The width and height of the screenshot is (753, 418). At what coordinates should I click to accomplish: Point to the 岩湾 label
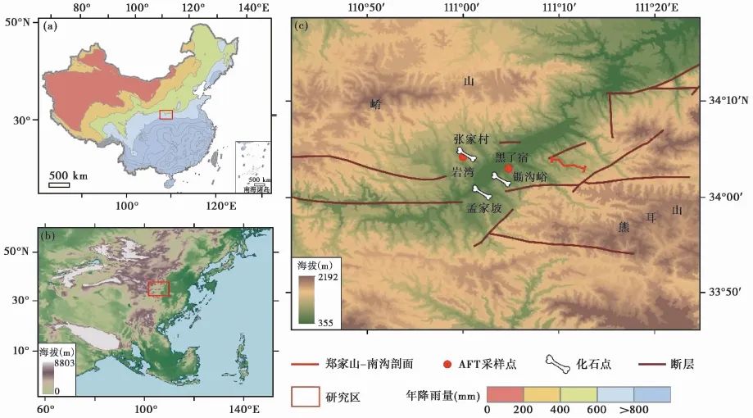[463, 172]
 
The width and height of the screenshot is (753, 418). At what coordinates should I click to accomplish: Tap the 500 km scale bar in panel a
[59, 184]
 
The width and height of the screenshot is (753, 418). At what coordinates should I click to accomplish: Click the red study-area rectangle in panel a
[166, 115]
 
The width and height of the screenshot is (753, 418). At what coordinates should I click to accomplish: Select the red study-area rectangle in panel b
[158, 288]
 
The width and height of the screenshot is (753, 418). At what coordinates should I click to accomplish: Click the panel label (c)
[301, 25]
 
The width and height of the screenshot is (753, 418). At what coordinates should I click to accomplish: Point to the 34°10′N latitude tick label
[726, 101]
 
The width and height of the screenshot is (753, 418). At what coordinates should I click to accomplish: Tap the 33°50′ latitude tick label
[721, 293]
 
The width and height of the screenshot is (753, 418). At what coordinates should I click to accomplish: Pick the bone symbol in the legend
[558, 363]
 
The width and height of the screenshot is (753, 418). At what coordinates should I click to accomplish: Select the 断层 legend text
[683, 363]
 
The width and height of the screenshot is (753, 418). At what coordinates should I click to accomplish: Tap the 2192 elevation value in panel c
[318, 278]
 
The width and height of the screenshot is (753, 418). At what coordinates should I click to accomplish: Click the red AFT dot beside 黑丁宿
[509, 168]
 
